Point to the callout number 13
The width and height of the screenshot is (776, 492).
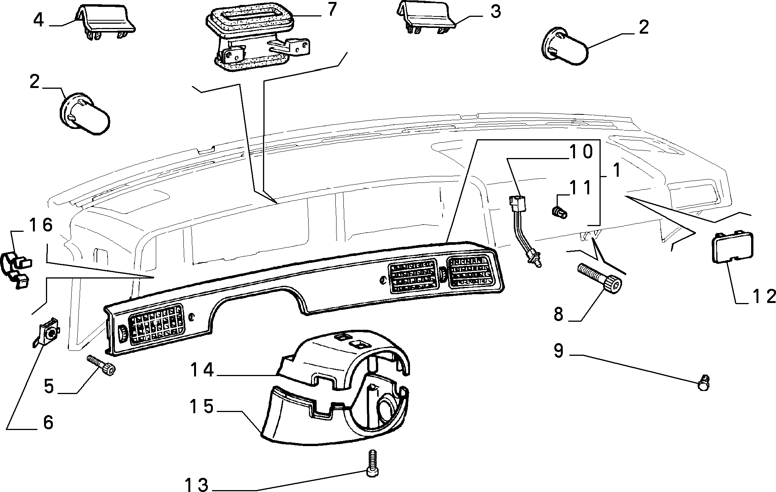(x=197, y=484)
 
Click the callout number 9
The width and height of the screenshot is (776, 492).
(x=559, y=351)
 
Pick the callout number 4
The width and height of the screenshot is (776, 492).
(x=39, y=20)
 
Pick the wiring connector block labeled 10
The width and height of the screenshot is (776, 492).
(x=517, y=203)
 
